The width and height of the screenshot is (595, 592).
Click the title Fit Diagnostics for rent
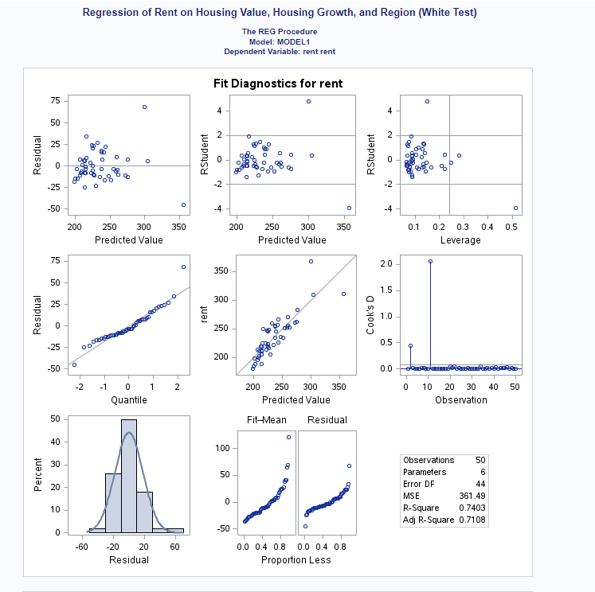pos(278,83)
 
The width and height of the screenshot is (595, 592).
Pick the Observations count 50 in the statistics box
pos(480,460)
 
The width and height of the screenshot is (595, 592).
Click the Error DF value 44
pos(480,484)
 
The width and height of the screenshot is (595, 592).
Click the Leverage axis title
pos(460,240)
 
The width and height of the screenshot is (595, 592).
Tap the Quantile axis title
pos(128,399)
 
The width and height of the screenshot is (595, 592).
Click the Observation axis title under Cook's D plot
pos(460,399)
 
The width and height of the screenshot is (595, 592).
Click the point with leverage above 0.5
pos(515,208)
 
